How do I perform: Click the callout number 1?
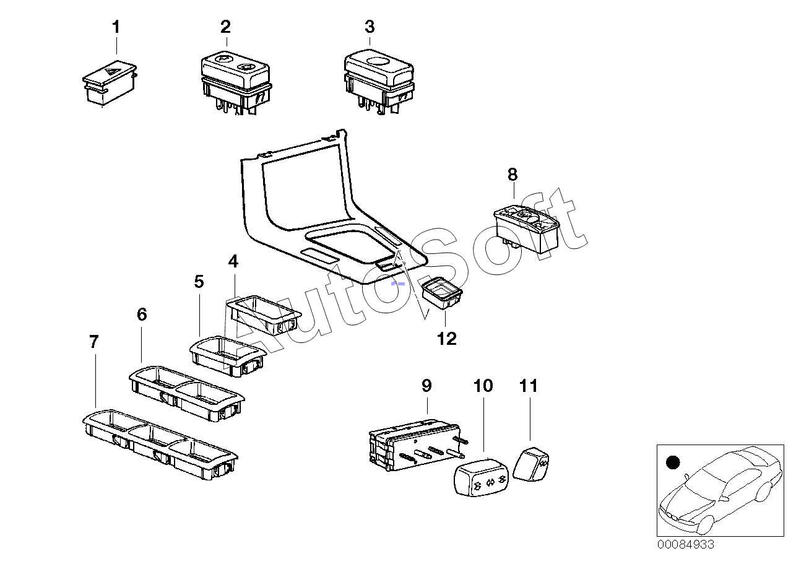coord(116,27)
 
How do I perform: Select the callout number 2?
coord(226,27)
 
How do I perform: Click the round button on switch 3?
coord(378,61)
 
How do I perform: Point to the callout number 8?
coord(513,175)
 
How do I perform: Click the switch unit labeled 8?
coord(527,230)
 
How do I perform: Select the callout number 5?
coord(199,282)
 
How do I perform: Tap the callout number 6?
coord(142,315)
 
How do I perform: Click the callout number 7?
coord(93,342)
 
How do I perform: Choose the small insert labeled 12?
coord(442,293)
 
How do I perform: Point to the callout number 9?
coord(426,386)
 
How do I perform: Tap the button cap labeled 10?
coord(482,477)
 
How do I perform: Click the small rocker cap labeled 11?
coord(531,464)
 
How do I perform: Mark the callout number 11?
coord(529,386)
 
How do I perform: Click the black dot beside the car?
coord(673,462)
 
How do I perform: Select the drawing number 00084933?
coord(685,544)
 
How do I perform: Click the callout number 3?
coord(370,27)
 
